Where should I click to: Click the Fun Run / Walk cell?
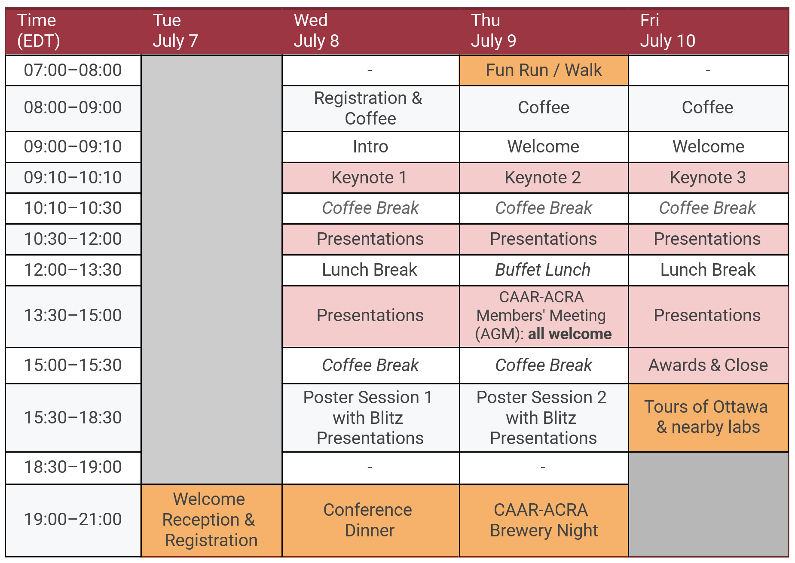(544, 70)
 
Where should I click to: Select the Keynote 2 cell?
(544, 178)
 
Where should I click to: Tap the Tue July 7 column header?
(211, 31)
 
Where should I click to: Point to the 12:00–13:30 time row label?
(73, 270)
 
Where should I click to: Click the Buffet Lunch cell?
(544, 270)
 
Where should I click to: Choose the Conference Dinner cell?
(370, 520)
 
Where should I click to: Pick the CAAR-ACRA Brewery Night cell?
(544, 520)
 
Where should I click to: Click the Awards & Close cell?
(708, 365)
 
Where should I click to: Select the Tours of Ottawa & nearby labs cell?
(708, 417)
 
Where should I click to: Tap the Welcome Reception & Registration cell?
(211, 520)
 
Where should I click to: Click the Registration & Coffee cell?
(370, 108)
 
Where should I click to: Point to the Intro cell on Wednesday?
(370, 147)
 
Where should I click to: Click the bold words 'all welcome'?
(569, 334)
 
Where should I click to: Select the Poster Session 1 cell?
(370, 417)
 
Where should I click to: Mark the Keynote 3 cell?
(708, 178)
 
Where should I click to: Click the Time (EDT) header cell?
(73, 31)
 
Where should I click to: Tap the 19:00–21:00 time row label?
(73, 520)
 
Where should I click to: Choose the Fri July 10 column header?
(708, 31)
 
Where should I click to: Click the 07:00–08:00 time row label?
(73, 70)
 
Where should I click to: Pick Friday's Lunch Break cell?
(708, 270)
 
